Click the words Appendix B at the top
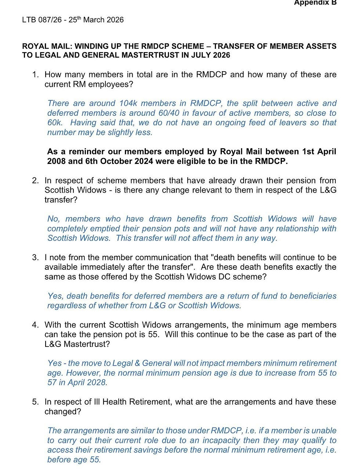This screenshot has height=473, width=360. tap(315, 3)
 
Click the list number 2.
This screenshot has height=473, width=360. tap(35, 181)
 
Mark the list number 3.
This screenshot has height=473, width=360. tap(35, 258)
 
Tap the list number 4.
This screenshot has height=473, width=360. tap(35, 325)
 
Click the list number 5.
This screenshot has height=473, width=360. tap(35, 402)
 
